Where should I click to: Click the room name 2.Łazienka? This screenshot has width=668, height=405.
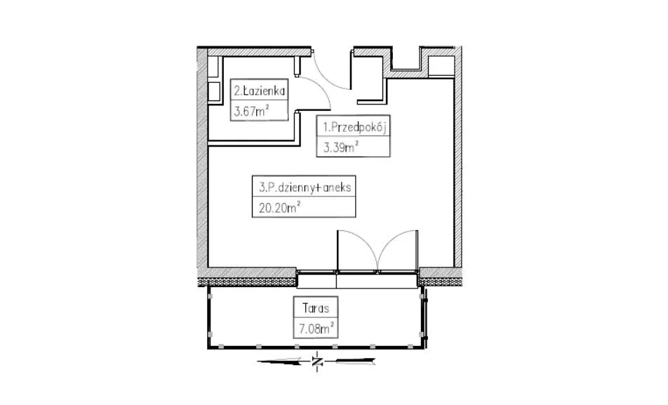(259, 91)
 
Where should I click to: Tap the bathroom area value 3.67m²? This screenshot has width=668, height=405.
(251, 111)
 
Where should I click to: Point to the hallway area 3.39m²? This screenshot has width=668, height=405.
(341, 147)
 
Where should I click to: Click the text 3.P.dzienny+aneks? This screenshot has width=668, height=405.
(305, 187)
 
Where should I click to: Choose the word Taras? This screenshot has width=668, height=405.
(316, 308)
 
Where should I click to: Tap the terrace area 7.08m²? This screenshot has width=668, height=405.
(316, 328)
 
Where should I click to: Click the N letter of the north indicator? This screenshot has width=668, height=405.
(317, 362)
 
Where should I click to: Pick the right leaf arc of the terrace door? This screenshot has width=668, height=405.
(392, 244)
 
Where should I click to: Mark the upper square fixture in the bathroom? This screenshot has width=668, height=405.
(213, 66)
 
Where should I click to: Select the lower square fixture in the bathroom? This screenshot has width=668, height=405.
(214, 92)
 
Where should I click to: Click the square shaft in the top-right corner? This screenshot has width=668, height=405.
(441, 66)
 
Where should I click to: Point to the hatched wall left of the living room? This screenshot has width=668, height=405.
(202, 162)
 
